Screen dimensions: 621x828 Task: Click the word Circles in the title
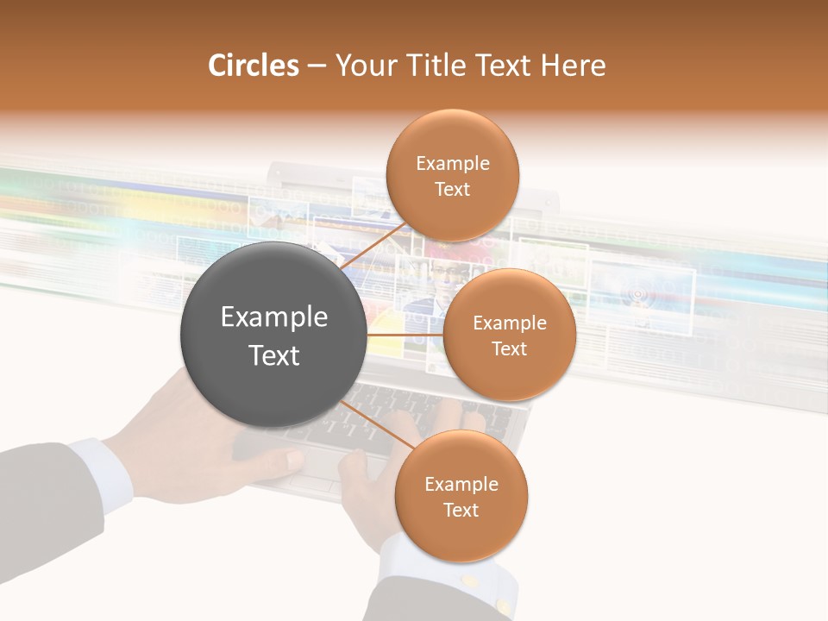point(253,66)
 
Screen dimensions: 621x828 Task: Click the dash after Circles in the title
point(317,66)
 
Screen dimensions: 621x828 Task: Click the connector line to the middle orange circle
point(405,335)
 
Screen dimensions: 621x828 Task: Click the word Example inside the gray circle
point(274,317)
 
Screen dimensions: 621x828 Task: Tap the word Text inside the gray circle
point(274,355)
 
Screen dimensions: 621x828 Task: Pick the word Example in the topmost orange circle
point(453,164)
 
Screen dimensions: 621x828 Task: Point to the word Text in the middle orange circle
point(510,348)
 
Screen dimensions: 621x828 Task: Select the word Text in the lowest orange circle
point(461,510)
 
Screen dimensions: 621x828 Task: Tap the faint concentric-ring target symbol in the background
point(638,295)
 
